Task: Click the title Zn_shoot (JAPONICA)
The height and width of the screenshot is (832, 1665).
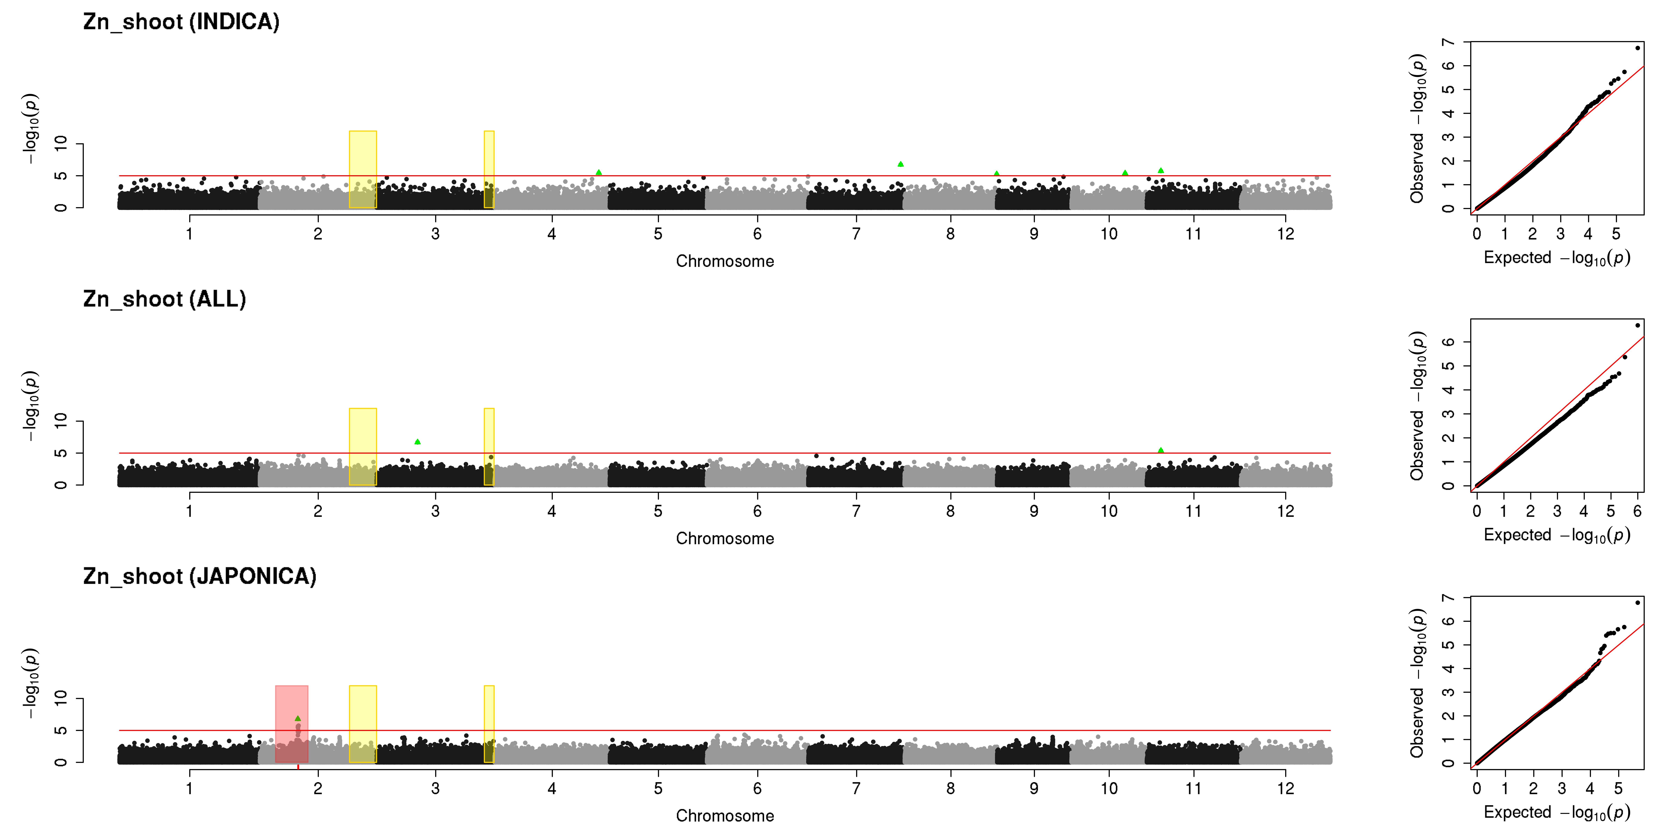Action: (x=200, y=576)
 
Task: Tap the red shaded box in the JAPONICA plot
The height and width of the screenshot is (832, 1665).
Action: (x=292, y=723)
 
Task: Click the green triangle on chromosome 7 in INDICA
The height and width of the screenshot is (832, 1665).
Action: (x=900, y=164)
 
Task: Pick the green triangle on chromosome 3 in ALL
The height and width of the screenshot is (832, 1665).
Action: (x=417, y=442)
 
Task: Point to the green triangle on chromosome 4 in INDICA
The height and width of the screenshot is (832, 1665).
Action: (x=599, y=172)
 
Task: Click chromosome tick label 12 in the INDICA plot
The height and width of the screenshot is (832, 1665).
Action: (x=1286, y=234)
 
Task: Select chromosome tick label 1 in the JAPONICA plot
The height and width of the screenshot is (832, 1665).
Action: (x=189, y=788)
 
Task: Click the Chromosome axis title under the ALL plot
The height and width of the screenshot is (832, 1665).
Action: (x=725, y=539)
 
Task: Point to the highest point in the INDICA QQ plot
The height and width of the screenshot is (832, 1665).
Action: (x=1637, y=48)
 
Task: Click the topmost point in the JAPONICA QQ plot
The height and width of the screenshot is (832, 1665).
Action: (x=1637, y=603)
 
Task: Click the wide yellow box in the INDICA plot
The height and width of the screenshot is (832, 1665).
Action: (x=363, y=169)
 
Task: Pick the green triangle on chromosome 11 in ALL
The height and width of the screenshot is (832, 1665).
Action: (x=1161, y=450)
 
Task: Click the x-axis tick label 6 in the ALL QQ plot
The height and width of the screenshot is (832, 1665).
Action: (x=1637, y=511)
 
